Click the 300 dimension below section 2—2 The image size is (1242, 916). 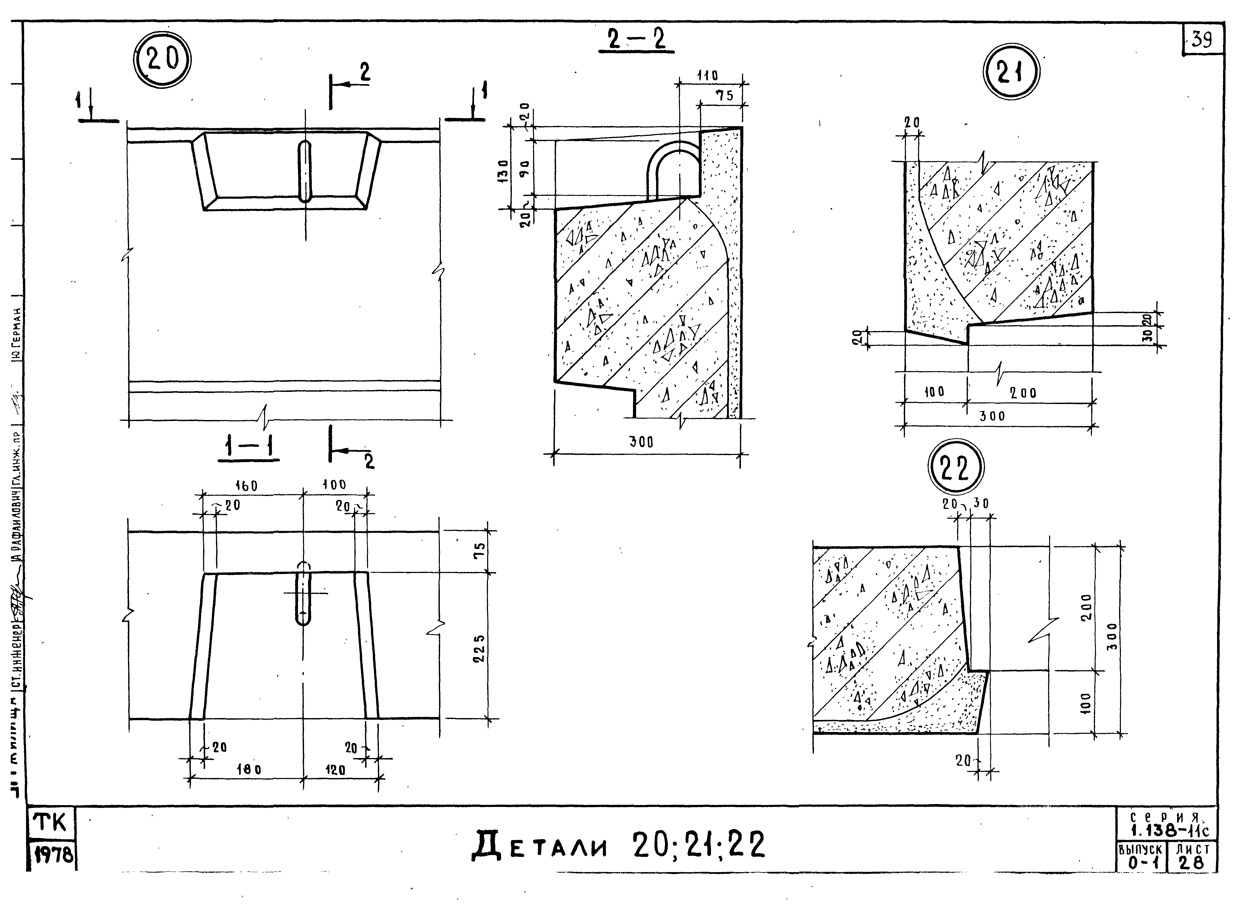(641, 442)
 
